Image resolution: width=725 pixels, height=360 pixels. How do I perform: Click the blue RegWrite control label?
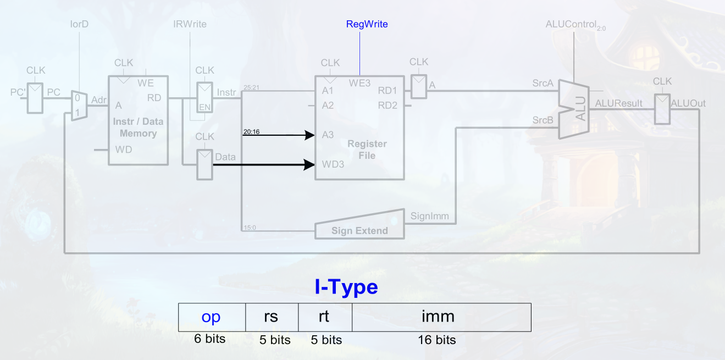coord(367,24)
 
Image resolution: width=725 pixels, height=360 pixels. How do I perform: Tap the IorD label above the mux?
coord(79,25)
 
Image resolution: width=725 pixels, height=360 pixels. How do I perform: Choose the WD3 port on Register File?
coord(333,164)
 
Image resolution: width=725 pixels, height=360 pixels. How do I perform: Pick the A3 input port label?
coord(328,135)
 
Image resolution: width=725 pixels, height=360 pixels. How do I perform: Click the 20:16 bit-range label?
coord(251,131)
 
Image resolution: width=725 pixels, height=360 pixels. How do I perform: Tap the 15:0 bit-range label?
coord(248,227)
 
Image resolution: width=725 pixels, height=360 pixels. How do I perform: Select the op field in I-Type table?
coord(212,317)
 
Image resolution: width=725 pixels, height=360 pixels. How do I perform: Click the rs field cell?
coord(272,317)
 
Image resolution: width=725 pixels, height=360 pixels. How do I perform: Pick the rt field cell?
coord(325,317)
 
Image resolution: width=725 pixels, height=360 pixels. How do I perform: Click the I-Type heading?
coord(346,287)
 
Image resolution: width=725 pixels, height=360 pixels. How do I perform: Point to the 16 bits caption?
coord(438,340)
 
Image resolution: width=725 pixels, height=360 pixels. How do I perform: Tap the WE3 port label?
coord(360,83)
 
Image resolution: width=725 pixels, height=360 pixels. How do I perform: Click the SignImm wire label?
coord(430,217)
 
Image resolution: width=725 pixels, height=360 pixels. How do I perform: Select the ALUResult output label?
coord(619,103)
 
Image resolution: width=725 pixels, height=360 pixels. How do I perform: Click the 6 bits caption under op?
coord(210,339)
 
